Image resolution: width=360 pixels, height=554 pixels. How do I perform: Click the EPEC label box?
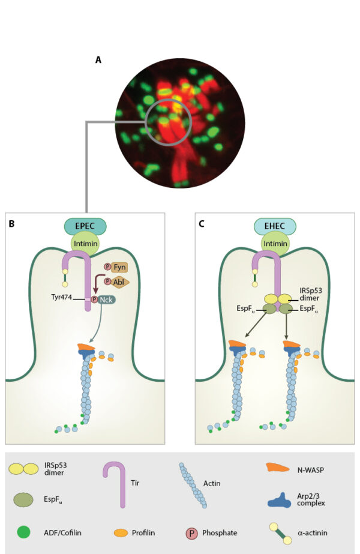click(x=85, y=226)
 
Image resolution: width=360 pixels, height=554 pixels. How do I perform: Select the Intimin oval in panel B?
click(x=85, y=244)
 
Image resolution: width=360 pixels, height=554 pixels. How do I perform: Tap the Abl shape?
click(x=119, y=282)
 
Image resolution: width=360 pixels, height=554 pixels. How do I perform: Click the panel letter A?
click(x=98, y=59)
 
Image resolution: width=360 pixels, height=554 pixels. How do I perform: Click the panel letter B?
click(x=12, y=224)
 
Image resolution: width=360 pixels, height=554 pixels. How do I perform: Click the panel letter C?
click(x=202, y=224)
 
